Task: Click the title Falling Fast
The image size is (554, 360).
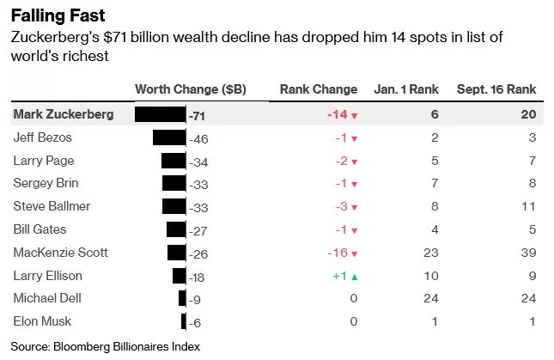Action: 58,15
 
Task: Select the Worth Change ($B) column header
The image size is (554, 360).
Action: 190,89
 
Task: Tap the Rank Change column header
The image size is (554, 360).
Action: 319,89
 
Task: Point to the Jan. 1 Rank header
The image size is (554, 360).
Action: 406,89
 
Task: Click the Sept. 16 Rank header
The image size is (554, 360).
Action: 496,89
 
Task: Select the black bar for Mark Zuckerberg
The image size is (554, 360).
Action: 161,114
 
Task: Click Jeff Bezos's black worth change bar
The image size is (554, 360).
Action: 169,137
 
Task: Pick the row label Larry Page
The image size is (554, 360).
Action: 44,162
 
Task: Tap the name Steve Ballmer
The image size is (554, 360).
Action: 52,206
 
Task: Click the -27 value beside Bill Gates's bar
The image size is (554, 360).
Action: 198,231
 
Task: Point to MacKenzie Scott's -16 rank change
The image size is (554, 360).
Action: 338,253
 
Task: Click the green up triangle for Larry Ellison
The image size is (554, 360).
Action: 355,278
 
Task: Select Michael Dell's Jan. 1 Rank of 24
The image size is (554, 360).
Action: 431,298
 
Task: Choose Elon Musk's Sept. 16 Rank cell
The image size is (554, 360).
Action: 533,322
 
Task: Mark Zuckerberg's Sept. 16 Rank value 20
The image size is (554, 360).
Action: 528,114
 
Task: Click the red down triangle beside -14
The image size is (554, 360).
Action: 355,115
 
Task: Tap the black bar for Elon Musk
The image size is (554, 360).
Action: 183,322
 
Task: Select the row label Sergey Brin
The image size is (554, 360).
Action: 46,183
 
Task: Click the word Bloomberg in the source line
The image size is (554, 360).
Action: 82,347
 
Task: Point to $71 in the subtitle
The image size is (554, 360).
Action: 114,37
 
